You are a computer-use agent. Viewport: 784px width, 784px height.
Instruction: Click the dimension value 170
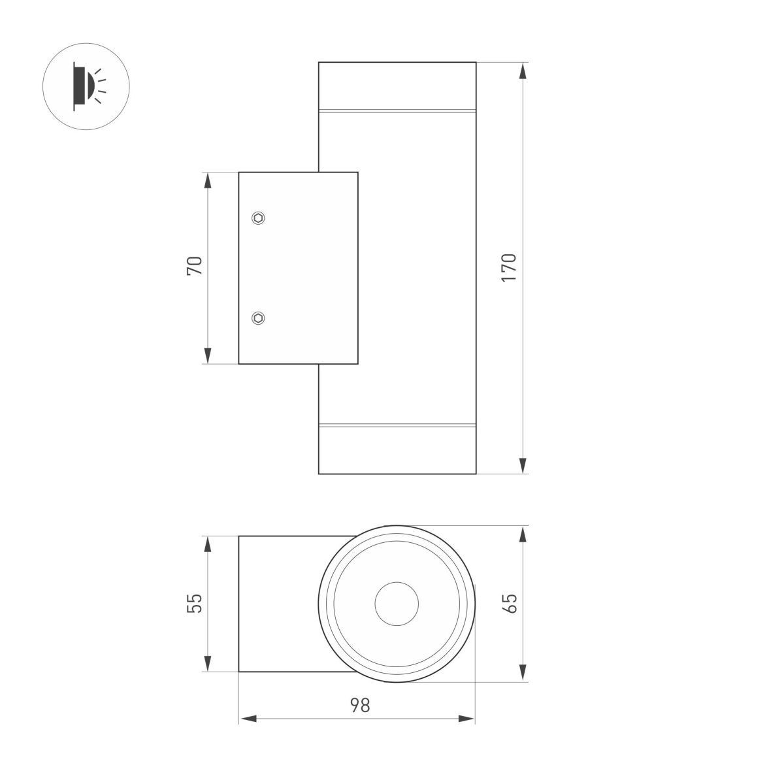[x=508, y=268]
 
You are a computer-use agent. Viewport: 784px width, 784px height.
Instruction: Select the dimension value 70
[x=195, y=266]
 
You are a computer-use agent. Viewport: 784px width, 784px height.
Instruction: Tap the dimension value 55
[x=195, y=604]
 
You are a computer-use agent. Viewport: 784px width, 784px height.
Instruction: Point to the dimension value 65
[x=510, y=604]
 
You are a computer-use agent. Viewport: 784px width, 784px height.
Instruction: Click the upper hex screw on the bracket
[x=258, y=218]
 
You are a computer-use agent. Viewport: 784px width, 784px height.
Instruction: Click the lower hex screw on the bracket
[x=258, y=318]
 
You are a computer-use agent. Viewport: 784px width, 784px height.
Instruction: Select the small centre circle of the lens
[x=397, y=604]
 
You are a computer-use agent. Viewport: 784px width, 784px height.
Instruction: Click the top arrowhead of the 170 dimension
[x=523, y=71]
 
